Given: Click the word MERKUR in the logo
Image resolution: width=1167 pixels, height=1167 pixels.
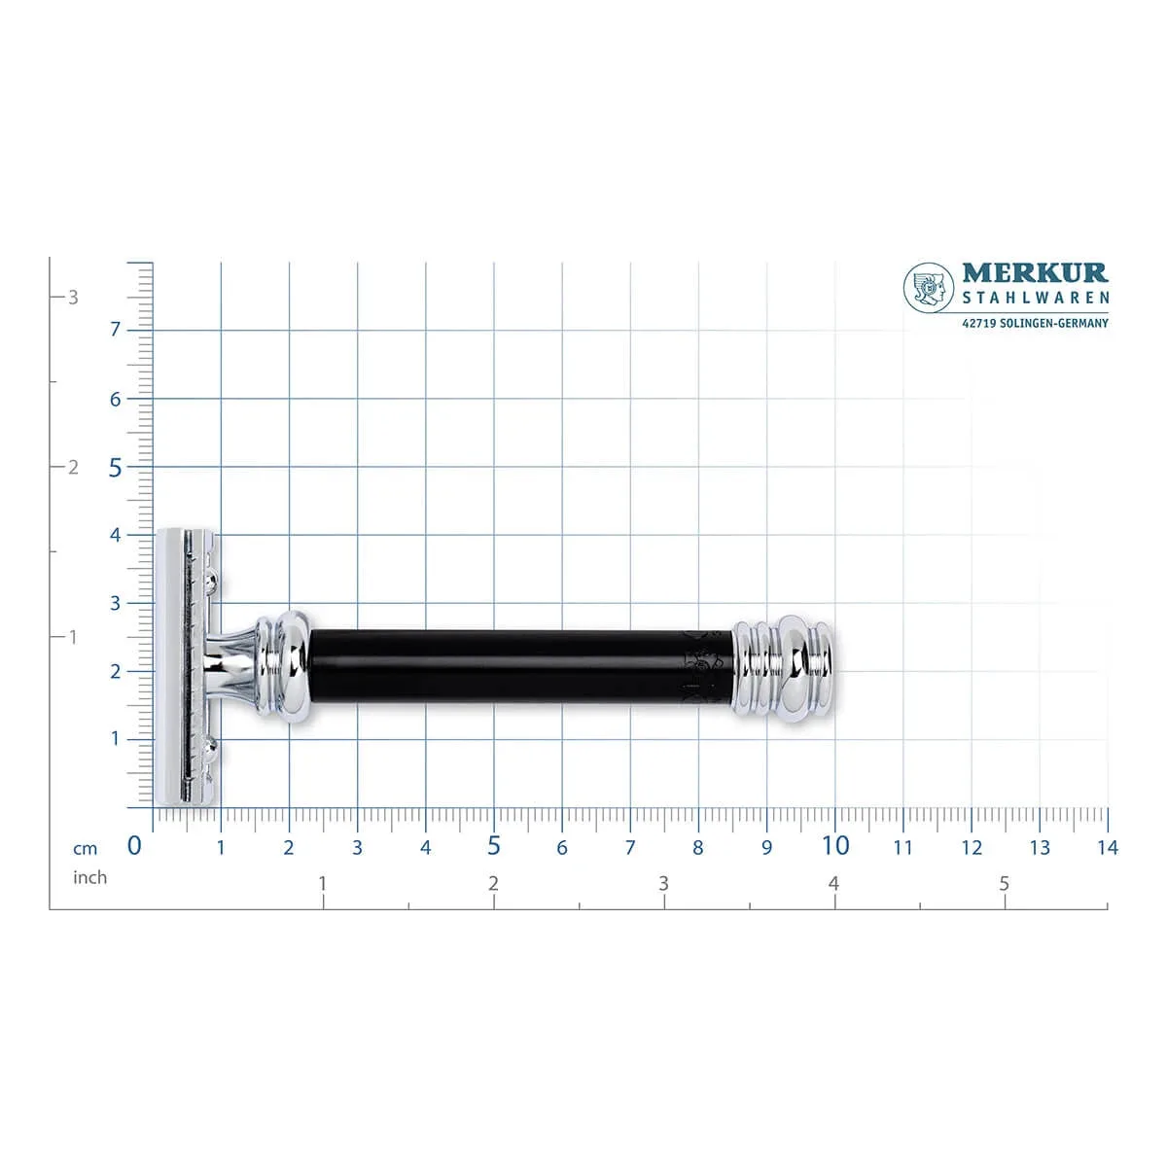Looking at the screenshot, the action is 1035,272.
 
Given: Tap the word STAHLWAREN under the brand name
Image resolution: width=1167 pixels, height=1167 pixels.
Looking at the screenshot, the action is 1036,298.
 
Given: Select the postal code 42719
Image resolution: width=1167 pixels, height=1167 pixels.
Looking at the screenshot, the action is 978,324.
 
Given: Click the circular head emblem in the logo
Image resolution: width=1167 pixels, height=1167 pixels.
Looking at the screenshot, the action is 929,288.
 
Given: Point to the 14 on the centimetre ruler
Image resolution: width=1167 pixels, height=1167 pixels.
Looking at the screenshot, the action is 1108,847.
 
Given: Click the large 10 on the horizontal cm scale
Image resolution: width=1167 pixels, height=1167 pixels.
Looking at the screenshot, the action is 835,845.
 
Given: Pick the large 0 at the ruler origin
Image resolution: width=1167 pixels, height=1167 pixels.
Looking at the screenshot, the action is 134,845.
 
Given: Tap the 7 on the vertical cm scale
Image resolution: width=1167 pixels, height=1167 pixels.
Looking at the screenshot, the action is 115,330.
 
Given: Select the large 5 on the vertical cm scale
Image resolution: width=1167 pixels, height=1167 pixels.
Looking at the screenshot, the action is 115,468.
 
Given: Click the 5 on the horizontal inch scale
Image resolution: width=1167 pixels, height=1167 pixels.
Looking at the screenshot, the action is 1004,884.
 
